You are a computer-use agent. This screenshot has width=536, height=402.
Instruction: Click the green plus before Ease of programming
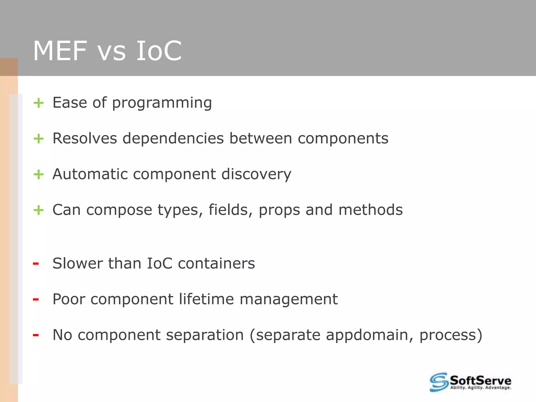38,103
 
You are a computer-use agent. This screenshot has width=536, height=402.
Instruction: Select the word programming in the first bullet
162,103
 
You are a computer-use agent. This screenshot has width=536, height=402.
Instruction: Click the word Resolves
85,138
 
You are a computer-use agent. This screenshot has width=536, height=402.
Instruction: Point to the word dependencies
173,138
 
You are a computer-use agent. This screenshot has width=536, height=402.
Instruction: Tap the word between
261,138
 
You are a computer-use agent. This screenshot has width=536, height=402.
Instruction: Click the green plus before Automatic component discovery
38,174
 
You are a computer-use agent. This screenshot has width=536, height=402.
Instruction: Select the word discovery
256,174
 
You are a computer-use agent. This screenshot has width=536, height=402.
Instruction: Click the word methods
370,210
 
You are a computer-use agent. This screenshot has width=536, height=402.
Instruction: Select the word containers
216,264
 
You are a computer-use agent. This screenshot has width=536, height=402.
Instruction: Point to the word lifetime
206,299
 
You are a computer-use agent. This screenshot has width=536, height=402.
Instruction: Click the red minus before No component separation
36,335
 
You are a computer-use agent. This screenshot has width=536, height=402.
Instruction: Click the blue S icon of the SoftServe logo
439,382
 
